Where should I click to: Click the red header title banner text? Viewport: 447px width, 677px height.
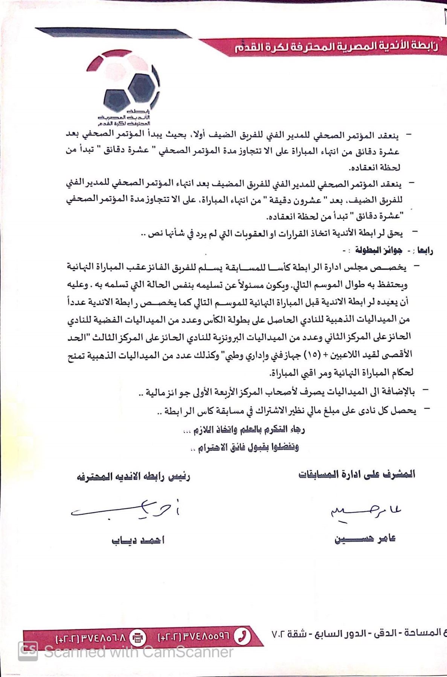pyautogui.click(x=336, y=47)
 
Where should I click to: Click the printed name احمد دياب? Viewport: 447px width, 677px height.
pyautogui.click(x=138, y=540)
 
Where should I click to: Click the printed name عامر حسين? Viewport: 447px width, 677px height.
pyautogui.click(x=365, y=539)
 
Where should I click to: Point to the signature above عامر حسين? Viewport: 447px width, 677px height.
pyautogui.click(x=365, y=512)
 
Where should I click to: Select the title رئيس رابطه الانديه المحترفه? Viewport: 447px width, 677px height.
pyautogui.click(x=134, y=477)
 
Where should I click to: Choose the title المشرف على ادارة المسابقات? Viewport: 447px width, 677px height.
pyautogui.click(x=357, y=474)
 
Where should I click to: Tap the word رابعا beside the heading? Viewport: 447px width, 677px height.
pyautogui.click(x=424, y=250)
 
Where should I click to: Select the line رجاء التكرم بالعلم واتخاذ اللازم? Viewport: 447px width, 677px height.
pyautogui.click(x=249, y=430)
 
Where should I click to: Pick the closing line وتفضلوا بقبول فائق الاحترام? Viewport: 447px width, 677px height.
pyautogui.click(x=245, y=447)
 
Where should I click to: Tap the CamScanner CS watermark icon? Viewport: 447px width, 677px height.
pyautogui.click(x=28, y=650)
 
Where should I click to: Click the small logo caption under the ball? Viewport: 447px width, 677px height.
pyautogui.click(x=124, y=118)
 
